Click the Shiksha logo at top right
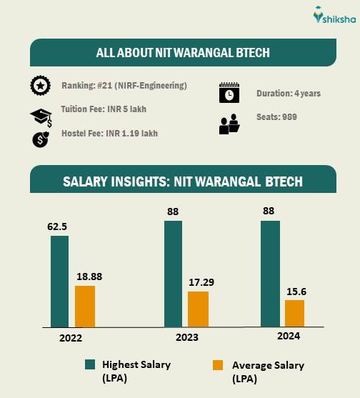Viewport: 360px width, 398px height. [x=331, y=16]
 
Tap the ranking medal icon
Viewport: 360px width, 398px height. [x=40, y=86]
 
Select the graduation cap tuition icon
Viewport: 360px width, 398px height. [x=40, y=116]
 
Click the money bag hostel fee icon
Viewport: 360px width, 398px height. [x=40, y=139]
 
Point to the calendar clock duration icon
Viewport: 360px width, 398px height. [x=229, y=94]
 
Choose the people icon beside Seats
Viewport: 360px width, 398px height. [x=229, y=124]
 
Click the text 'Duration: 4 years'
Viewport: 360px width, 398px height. [x=289, y=94]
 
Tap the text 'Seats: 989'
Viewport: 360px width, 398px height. [x=277, y=116]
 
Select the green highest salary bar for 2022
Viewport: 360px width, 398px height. [x=60, y=281]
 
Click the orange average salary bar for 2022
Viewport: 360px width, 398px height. [x=85, y=306]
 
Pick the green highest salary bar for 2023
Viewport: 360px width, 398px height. [x=174, y=274]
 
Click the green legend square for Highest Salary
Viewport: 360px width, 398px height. [x=91, y=364]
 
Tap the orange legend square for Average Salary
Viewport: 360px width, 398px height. [x=219, y=365]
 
